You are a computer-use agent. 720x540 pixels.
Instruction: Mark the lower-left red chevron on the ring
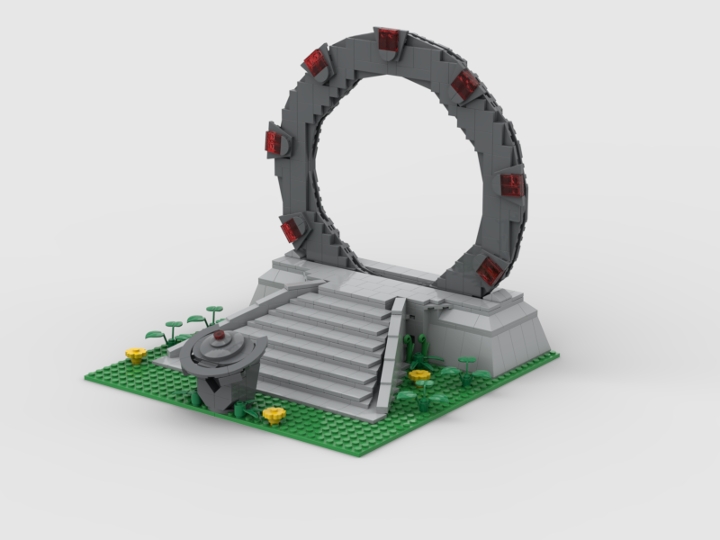pyautogui.click(x=291, y=231)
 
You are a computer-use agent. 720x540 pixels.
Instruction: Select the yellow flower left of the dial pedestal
pyautogui.click(x=134, y=353)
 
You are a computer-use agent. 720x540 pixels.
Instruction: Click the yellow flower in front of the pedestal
pyautogui.click(x=271, y=413)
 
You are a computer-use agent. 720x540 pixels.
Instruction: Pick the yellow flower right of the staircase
pyautogui.click(x=420, y=376)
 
